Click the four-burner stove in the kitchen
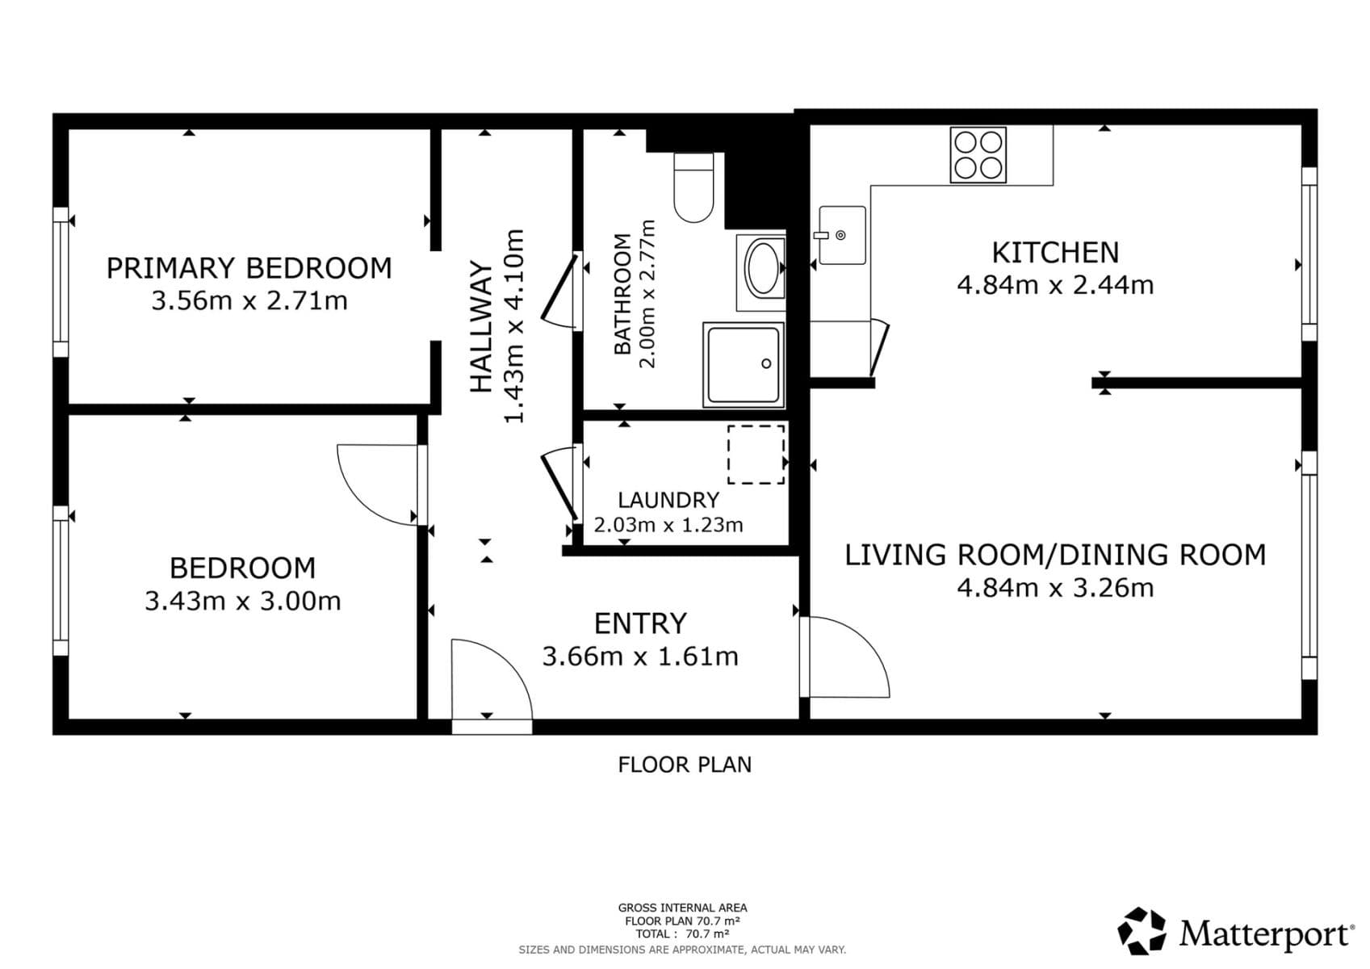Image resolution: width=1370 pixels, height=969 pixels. click(x=978, y=155)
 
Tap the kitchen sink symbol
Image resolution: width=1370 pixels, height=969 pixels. click(x=842, y=235)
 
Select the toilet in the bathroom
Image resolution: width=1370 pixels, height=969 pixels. click(x=693, y=187)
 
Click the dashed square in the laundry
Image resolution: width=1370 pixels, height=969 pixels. click(x=756, y=455)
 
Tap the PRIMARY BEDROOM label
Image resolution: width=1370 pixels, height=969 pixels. click(x=249, y=268)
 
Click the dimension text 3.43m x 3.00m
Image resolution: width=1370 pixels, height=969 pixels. click(x=243, y=602)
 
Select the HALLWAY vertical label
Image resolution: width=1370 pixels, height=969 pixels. click(x=481, y=327)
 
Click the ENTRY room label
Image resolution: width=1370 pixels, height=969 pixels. click(x=640, y=623)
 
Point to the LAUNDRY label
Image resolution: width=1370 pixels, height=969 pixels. click(x=668, y=501)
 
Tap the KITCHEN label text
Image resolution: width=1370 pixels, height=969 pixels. click(x=1055, y=253)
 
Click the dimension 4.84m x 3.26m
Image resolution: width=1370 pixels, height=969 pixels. click(x=1055, y=588)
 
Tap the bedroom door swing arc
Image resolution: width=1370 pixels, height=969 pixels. click(x=375, y=484)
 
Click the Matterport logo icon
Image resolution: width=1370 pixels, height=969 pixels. click(x=1142, y=931)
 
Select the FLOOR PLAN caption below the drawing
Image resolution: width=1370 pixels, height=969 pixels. click(x=685, y=765)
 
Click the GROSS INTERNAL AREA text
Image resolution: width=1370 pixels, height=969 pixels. click(x=682, y=908)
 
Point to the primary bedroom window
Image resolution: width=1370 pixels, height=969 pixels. click(x=61, y=282)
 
